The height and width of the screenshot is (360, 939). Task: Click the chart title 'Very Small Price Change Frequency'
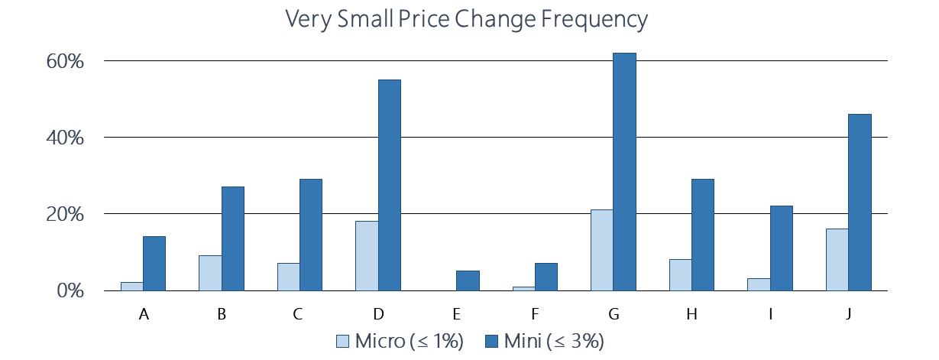(x=467, y=20)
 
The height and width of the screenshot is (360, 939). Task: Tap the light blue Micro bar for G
(x=602, y=251)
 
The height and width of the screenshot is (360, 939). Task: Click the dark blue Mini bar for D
(x=389, y=186)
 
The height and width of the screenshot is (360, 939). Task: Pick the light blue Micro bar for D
(x=367, y=256)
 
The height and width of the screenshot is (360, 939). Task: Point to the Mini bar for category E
(x=468, y=281)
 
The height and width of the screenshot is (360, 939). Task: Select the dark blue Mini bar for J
(x=860, y=203)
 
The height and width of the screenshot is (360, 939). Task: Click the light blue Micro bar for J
(x=837, y=260)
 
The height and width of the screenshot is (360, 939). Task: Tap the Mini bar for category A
(x=154, y=264)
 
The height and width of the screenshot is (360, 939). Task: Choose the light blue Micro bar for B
(x=210, y=273)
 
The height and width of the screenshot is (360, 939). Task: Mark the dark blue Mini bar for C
(x=310, y=235)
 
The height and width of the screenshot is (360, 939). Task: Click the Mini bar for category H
(x=703, y=235)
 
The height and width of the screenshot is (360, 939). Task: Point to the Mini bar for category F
(x=546, y=277)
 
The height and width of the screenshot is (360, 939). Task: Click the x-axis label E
(x=457, y=314)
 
